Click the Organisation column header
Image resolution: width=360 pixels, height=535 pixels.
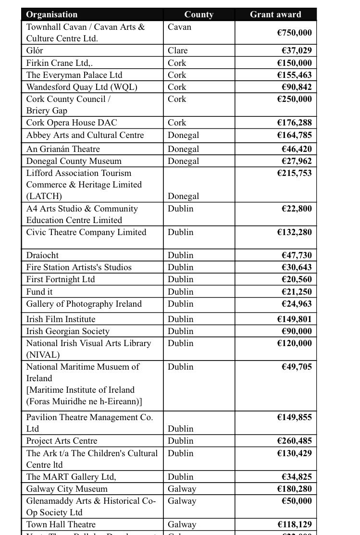tap(52, 14)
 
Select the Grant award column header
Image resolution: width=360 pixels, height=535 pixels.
tap(275, 14)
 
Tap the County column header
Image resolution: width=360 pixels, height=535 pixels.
tap(199, 14)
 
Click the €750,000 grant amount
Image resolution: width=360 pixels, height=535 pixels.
tap(294, 33)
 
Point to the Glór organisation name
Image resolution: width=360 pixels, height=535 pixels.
tap(35, 50)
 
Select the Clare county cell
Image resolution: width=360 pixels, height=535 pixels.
tap(178, 50)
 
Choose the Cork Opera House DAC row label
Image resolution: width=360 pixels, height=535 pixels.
tap(72, 123)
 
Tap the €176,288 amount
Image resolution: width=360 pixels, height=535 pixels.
tap(294, 123)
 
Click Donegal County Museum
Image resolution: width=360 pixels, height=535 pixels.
tap(74, 161)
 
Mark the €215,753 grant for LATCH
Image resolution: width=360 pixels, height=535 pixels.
tap(294, 173)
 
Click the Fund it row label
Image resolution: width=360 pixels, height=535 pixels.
tap(39, 292)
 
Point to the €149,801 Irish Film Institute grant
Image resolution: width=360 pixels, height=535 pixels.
tap(294, 319)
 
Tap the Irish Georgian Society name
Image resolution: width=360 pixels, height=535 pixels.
tap(68, 331)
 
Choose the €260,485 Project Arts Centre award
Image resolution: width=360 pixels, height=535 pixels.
tap(294, 441)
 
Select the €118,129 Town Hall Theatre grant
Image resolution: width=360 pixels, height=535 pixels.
tap(294, 524)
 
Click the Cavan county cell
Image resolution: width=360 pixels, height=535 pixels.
tap(179, 27)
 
